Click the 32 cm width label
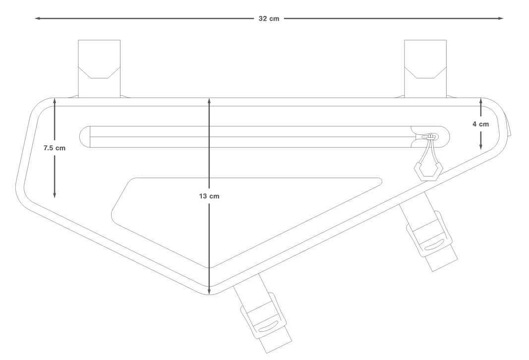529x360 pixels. pyautogui.click(x=269, y=18)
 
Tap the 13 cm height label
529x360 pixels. pyautogui.click(x=209, y=196)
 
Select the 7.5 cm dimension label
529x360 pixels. pyautogui.click(x=55, y=148)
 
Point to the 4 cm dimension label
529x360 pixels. pyautogui.click(x=480, y=124)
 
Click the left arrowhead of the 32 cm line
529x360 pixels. pyautogui.click(x=38, y=18)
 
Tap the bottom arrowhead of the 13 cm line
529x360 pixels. pyautogui.click(x=209, y=291)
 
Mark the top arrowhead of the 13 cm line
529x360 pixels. pyautogui.click(x=209, y=101)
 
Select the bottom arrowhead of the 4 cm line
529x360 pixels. pyautogui.click(x=481, y=146)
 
